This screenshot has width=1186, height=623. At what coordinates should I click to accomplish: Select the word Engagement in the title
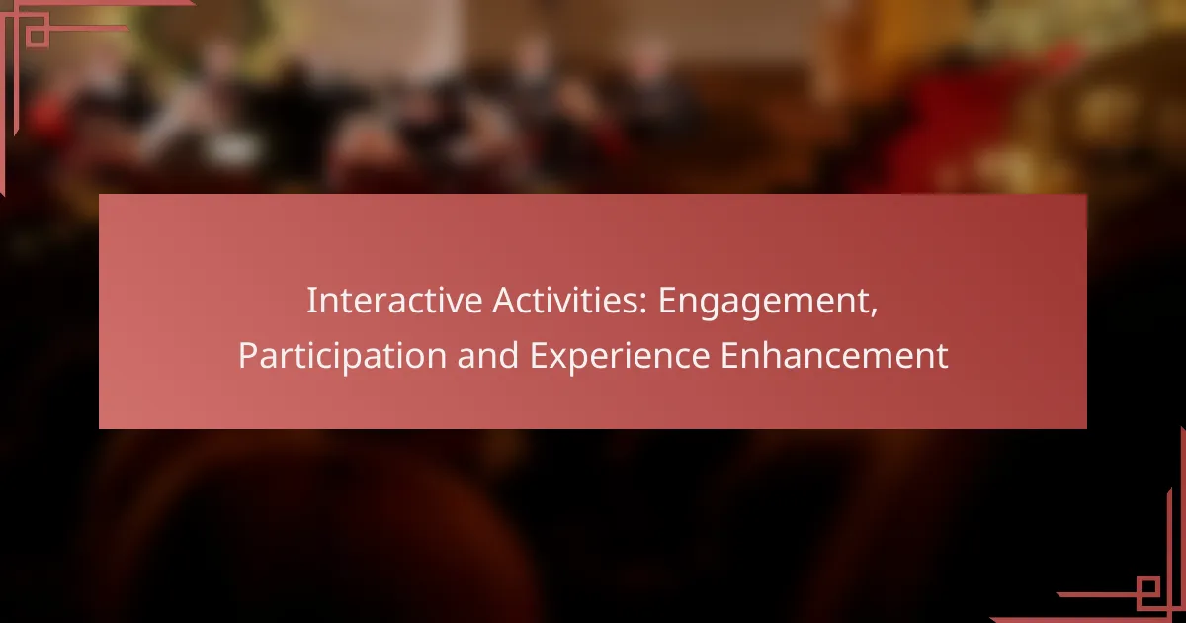point(761,303)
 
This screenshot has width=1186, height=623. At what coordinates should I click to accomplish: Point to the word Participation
point(342,357)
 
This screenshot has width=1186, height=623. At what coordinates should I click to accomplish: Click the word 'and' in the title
point(487,355)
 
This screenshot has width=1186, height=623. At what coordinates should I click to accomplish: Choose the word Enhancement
point(834,355)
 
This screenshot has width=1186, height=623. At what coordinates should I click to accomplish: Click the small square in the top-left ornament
point(38,36)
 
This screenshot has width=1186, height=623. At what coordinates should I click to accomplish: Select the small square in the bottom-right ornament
point(1147,587)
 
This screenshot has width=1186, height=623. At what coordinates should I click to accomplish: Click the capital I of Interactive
point(311,301)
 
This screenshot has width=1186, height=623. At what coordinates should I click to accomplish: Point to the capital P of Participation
point(248,355)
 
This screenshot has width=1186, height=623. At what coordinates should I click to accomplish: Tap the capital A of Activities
point(505,301)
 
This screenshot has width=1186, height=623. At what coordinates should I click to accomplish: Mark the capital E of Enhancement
point(729,355)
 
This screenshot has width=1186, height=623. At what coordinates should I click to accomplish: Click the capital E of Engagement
point(667,301)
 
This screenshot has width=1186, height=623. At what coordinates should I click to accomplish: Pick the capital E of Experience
point(539,355)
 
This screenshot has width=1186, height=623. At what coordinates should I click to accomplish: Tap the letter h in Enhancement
point(774,354)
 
